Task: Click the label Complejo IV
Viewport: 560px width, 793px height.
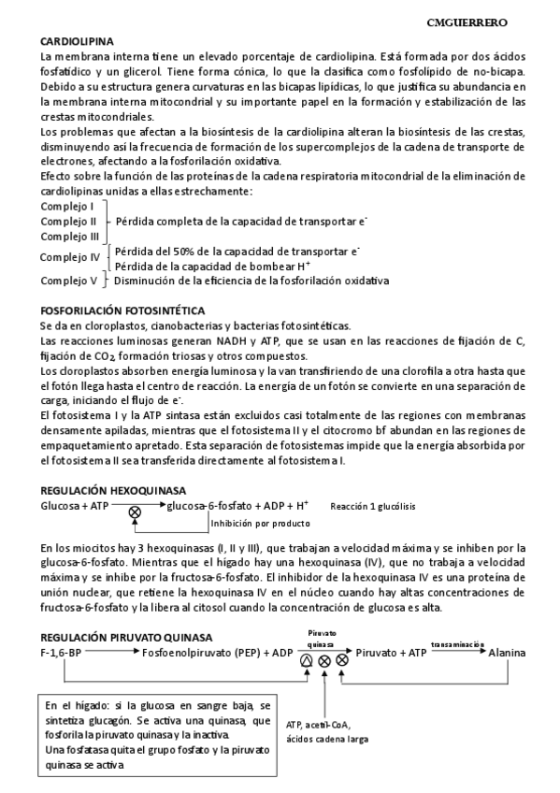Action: click(70, 257)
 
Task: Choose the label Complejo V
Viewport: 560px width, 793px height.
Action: click(69, 280)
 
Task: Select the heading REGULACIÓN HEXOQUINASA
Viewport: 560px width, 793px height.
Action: click(113, 490)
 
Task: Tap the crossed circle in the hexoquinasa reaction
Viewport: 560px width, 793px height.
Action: click(135, 512)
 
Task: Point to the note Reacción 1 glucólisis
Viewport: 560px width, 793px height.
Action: click(373, 506)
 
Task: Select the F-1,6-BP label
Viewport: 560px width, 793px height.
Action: click(62, 651)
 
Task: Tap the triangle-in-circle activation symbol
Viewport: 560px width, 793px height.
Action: click(307, 660)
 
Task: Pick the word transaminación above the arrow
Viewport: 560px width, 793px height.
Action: click(457, 643)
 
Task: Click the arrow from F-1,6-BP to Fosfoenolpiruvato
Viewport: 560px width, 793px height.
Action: click(111, 652)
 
